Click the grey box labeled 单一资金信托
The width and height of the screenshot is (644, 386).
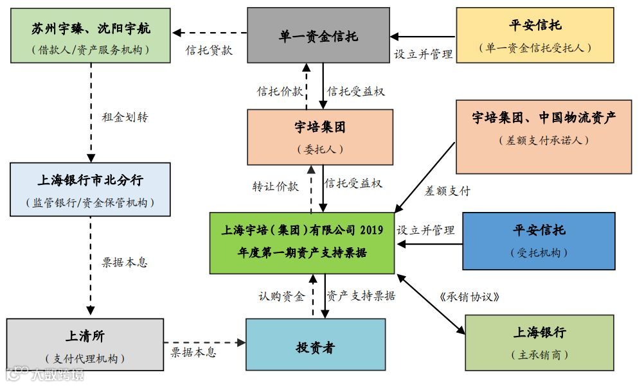pyautogui.click(x=318, y=35)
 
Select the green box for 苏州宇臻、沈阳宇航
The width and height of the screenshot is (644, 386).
pyautogui.click(x=91, y=35)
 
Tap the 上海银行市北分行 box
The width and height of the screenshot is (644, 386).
pyautogui.click(x=91, y=189)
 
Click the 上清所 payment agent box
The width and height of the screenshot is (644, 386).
pyautogui.click(x=85, y=344)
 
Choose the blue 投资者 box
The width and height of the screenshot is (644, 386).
pyautogui.click(x=316, y=344)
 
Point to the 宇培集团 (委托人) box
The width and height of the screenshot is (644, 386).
pyautogui.click(x=320, y=137)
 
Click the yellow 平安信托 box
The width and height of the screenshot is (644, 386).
pyautogui.click(x=535, y=35)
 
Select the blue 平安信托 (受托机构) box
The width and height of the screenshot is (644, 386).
pyautogui.click(x=539, y=241)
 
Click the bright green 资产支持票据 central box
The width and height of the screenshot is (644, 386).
pyautogui.click(x=302, y=241)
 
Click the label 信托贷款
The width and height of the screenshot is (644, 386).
pyautogui.click(x=209, y=51)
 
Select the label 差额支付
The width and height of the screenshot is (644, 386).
pyautogui.click(x=448, y=191)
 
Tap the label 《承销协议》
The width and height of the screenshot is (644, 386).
pyautogui.click(x=470, y=297)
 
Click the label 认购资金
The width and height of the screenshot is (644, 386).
pyautogui.click(x=281, y=296)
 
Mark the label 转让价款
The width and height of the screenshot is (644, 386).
pyautogui.click(x=275, y=186)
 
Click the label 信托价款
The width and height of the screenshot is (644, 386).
pyautogui.click(x=280, y=91)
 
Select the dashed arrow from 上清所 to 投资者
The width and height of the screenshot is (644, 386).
pyautogui.click(x=205, y=342)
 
